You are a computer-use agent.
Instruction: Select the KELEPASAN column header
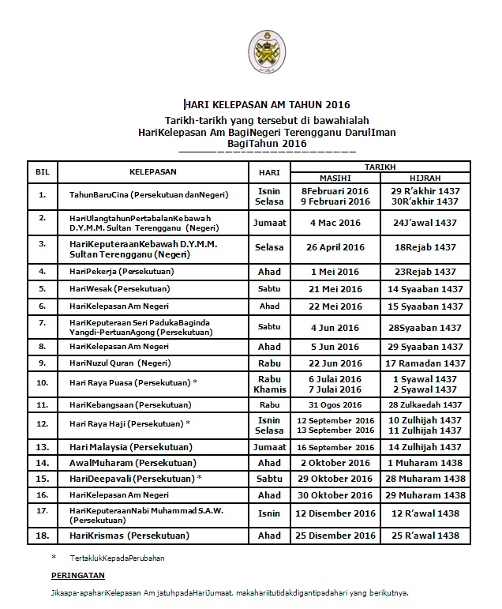153,172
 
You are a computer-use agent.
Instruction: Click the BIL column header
43,172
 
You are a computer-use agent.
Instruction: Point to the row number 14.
43,462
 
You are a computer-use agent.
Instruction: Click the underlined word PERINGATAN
77,574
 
